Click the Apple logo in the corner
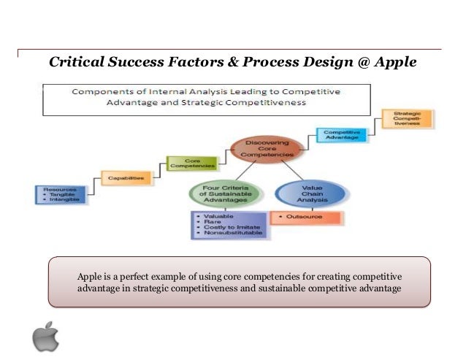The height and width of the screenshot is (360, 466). point(45,335)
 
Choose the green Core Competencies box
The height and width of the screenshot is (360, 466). point(188,164)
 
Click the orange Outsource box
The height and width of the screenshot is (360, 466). point(306,218)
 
